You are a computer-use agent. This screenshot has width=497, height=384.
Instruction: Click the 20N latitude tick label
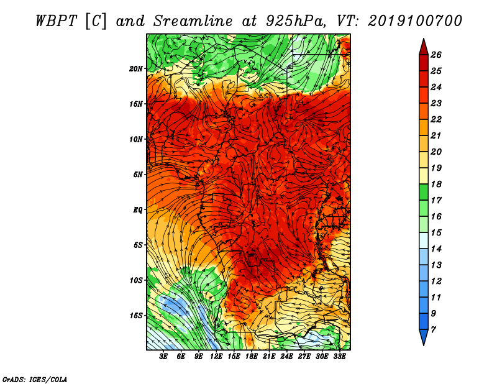136,69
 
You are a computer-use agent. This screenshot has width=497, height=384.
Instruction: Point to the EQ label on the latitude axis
138,210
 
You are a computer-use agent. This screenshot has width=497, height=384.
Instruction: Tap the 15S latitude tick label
137,316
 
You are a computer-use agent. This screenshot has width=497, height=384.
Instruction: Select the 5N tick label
138,175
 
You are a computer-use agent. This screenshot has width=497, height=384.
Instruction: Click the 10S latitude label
137,280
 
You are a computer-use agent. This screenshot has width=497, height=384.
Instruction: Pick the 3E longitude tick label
163,357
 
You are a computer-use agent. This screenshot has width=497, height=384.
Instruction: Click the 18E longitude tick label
252,357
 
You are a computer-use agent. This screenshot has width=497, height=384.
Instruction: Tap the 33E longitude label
339,357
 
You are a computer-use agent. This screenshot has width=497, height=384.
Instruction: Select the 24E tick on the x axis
286,357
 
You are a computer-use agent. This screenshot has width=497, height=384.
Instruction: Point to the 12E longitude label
216,357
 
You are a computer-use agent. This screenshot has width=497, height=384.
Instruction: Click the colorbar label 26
436,55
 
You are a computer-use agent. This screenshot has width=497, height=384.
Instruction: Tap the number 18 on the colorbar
436,184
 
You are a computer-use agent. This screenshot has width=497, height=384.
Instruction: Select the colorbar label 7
433,330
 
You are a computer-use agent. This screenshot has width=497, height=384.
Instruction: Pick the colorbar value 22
436,119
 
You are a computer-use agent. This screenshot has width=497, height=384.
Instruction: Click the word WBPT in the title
57,21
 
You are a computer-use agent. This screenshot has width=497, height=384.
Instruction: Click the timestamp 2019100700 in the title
415,21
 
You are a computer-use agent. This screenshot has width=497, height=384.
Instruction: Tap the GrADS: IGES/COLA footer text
35,380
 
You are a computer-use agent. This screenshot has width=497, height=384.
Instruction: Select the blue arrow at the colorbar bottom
424,337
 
